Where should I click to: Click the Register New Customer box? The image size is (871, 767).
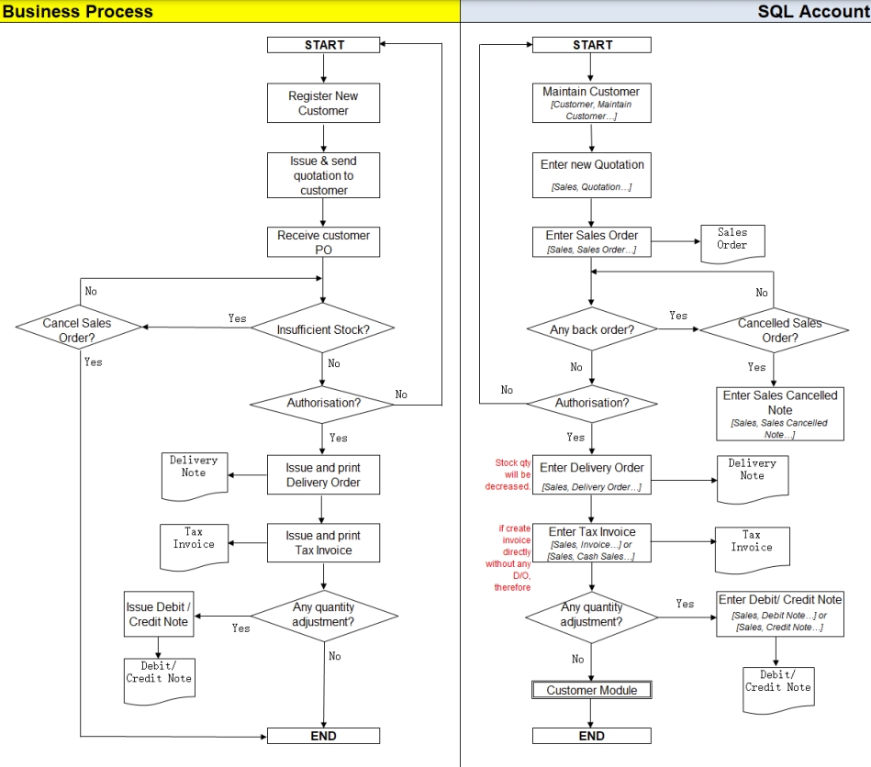[x=323, y=103]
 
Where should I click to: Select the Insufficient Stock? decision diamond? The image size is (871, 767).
[x=323, y=328]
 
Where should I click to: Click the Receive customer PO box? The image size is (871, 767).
[x=323, y=242]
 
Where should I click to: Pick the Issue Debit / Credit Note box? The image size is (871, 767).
[x=158, y=615]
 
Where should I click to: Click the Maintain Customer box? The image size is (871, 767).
[x=592, y=103]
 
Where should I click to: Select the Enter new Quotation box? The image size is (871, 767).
[x=592, y=174]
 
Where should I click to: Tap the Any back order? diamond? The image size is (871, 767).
[x=592, y=329]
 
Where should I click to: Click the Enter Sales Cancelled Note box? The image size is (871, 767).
[x=779, y=414]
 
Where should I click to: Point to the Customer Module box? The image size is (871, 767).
[x=592, y=690]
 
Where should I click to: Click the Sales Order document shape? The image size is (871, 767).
[x=732, y=240]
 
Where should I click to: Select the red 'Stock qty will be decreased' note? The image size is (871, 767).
[x=508, y=475]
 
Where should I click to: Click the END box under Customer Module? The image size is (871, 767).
[x=592, y=736]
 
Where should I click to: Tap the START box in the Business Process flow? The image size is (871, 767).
[x=323, y=45]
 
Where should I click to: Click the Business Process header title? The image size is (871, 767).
[x=78, y=11]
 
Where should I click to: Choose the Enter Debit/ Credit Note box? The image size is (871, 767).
[x=779, y=613]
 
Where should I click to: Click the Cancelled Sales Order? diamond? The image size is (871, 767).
[x=779, y=329]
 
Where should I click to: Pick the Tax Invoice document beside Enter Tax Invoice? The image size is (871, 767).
[x=751, y=543]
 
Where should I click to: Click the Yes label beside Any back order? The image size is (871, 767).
[x=678, y=316]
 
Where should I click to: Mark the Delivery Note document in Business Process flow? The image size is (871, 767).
[x=194, y=472]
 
